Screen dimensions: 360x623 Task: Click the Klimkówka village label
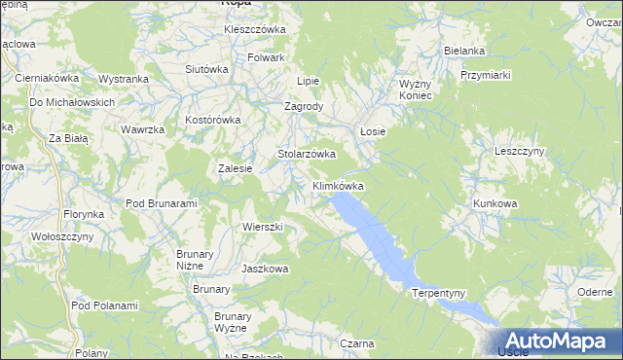338,185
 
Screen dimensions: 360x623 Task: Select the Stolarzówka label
307,154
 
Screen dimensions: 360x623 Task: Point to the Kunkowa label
495,203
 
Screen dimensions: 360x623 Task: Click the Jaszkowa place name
265,269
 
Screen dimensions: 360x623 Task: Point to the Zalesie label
236,168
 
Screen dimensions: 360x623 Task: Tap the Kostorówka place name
212,121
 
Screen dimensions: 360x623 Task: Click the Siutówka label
206,69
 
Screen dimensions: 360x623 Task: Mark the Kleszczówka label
255,29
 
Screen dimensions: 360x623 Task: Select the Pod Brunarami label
162,203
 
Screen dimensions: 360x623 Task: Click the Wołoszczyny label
62,236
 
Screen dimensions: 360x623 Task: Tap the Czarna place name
358,343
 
